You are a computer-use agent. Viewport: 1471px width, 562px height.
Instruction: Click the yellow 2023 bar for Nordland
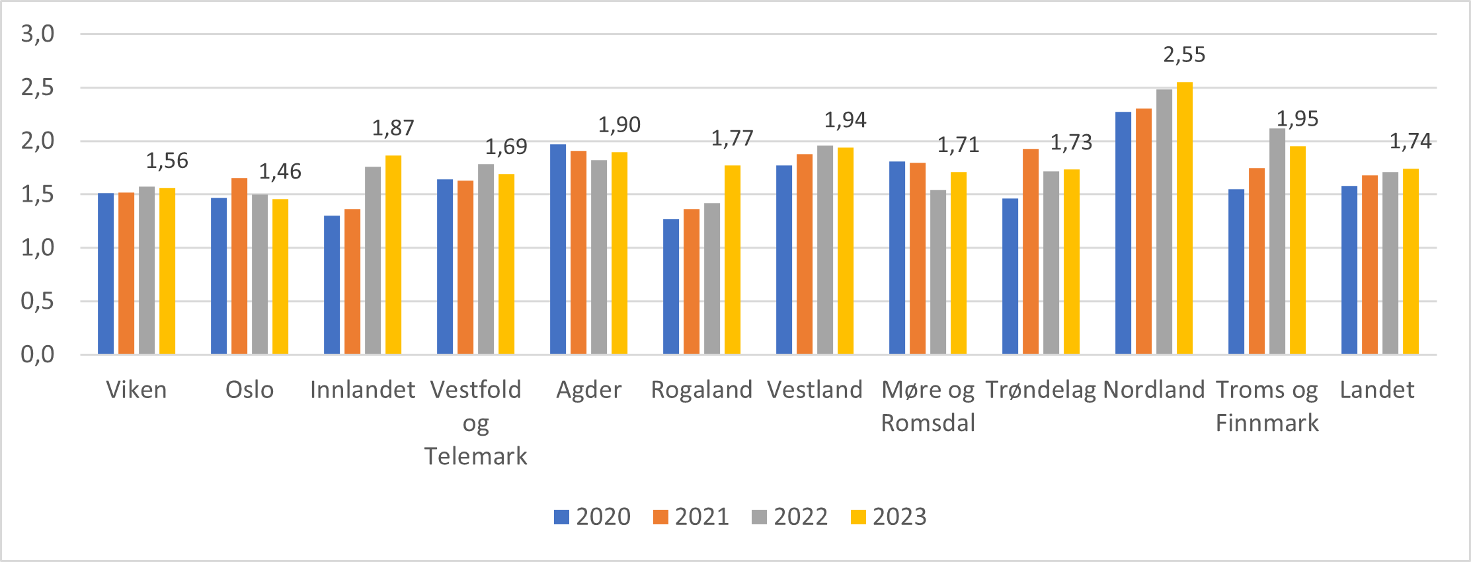click(x=1184, y=218)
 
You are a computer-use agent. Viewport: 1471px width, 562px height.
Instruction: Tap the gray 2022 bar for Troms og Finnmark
click(x=1277, y=241)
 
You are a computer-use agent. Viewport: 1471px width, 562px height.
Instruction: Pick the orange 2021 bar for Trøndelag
click(x=1031, y=251)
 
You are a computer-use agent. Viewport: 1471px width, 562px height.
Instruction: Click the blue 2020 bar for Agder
click(x=558, y=249)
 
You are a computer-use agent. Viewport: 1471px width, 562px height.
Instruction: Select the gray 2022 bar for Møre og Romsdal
click(x=937, y=272)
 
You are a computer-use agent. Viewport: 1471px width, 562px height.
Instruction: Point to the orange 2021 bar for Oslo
click(x=239, y=266)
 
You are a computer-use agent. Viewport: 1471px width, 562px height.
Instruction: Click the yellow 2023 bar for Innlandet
click(x=393, y=255)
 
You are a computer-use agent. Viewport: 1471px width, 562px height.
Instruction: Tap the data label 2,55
click(x=1184, y=55)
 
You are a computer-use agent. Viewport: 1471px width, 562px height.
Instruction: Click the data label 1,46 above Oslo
click(x=280, y=172)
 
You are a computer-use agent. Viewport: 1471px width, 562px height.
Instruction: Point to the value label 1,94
click(x=845, y=120)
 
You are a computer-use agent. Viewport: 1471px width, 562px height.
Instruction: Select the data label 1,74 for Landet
click(x=1410, y=141)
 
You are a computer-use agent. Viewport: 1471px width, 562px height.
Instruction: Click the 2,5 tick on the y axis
click(x=38, y=87)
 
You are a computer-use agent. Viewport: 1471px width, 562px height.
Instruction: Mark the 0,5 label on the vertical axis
click(x=38, y=301)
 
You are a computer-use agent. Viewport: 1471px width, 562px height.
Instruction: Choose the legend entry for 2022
click(x=790, y=516)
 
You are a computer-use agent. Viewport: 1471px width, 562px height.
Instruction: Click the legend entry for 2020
click(x=592, y=516)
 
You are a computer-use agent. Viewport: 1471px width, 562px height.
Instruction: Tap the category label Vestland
click(x=815, y=390)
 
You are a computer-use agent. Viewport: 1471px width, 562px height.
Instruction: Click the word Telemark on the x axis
click(x=475, y=456)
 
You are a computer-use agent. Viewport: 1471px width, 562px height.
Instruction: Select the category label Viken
click(x=136, y=390)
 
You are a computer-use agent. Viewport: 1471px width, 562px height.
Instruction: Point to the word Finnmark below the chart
click(x=1267, y=423)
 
